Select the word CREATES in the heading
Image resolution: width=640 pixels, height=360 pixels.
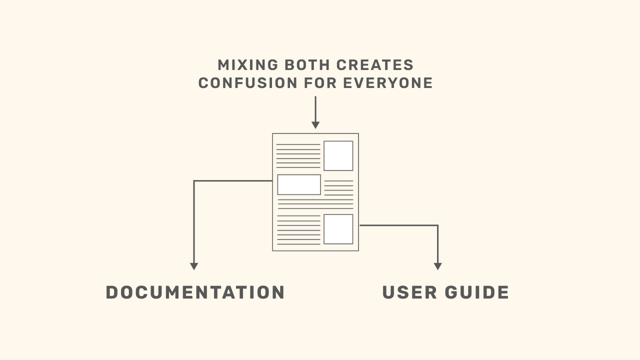375,65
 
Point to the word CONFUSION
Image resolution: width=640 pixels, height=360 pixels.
248,83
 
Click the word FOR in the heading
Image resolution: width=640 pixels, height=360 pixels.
321,83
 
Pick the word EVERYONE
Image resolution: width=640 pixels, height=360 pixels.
388,83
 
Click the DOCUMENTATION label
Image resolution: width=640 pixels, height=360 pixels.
195,292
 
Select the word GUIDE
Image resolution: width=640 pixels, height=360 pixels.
477,292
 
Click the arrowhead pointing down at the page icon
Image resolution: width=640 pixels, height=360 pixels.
315,125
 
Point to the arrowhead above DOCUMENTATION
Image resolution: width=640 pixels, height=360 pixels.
194,266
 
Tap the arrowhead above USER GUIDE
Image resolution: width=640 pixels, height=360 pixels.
437,266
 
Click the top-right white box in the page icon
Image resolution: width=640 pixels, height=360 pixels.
338,155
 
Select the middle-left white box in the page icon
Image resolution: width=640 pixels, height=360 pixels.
299,184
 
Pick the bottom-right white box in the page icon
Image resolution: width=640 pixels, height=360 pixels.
338,229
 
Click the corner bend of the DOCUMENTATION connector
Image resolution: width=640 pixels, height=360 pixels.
194,181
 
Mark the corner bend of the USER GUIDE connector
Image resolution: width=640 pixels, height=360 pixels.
437,225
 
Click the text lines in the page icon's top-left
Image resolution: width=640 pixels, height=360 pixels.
298,155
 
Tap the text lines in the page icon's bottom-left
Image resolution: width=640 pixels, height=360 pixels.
298,230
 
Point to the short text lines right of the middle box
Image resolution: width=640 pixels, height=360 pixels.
338,187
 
